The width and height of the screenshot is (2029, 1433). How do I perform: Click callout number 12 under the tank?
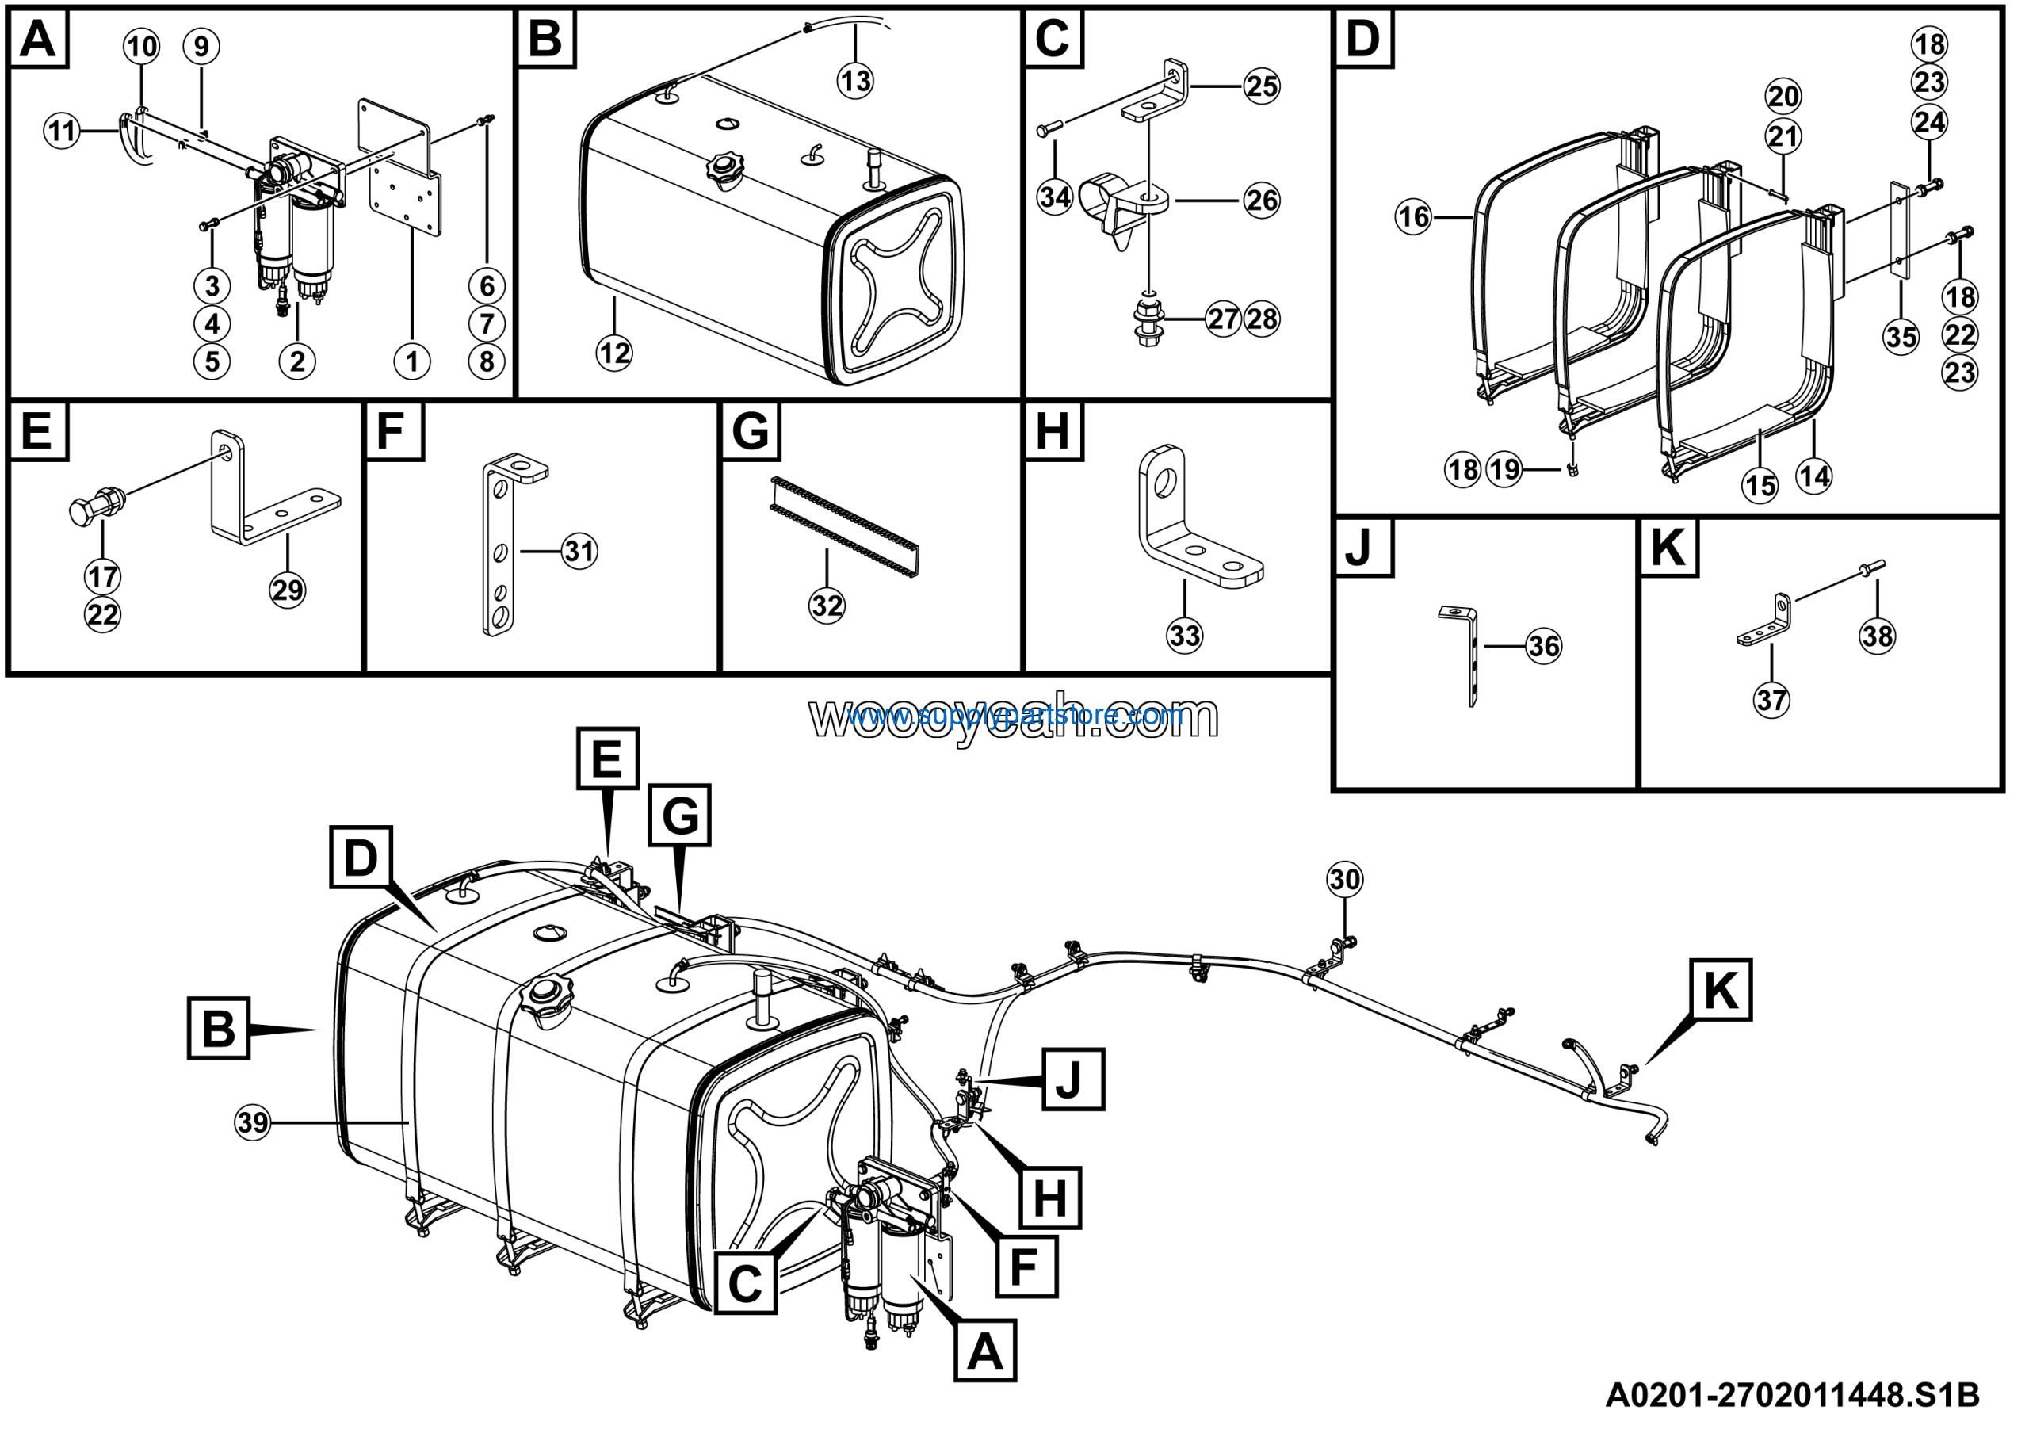(x=614, y=353)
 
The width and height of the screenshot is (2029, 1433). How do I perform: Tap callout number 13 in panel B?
(x=854, y=82)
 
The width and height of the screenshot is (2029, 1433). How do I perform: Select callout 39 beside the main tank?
(x=253, y=1123)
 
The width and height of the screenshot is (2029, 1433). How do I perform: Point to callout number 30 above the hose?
(x=1344, y=879)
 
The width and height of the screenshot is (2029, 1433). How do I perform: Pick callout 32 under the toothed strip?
(x=827, y=606)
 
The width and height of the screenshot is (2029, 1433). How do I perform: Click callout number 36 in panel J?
(x=1544, y=647)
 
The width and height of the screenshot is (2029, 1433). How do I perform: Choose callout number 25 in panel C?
(x=1261, y=86)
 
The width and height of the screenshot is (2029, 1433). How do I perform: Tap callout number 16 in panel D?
(x=1413, y=216)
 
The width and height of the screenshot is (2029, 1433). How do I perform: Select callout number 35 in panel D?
(x=1901, y=336)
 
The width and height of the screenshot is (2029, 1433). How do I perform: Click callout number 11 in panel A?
(x=62, y=132)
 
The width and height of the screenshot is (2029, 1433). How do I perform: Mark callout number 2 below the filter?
(x=297, y=361)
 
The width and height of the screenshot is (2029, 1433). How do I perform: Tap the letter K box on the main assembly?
(x=1720, y=989)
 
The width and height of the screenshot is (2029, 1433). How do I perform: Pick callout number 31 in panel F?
(x=579, y=552)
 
